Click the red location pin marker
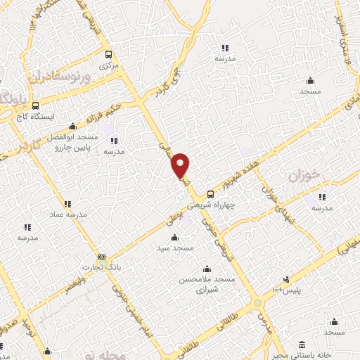(181, 165)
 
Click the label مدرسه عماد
(67, 214)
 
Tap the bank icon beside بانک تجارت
(103, 257)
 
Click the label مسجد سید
(175, 247)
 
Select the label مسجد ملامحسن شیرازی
(207, 283)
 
